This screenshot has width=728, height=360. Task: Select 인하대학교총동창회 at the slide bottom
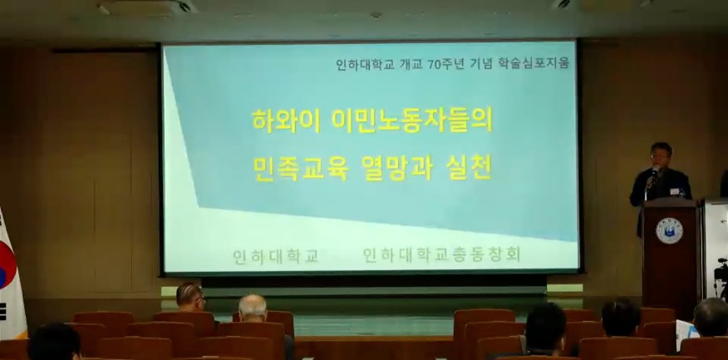click(x=441, y=254)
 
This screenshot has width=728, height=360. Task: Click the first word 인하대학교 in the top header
click(x=365, y=65)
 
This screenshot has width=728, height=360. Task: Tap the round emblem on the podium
click(x=669, y=231)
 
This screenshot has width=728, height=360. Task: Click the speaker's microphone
click(x=654, y=172)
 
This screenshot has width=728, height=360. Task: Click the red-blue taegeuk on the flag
click(x=7, y=265)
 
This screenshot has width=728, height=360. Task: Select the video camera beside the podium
click(x=721, y=274)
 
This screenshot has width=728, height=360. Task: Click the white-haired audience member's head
click(x=253, y=308)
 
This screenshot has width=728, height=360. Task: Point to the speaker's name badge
click(x=674, y=191)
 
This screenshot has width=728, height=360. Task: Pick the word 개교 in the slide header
click(x=411, y=65)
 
